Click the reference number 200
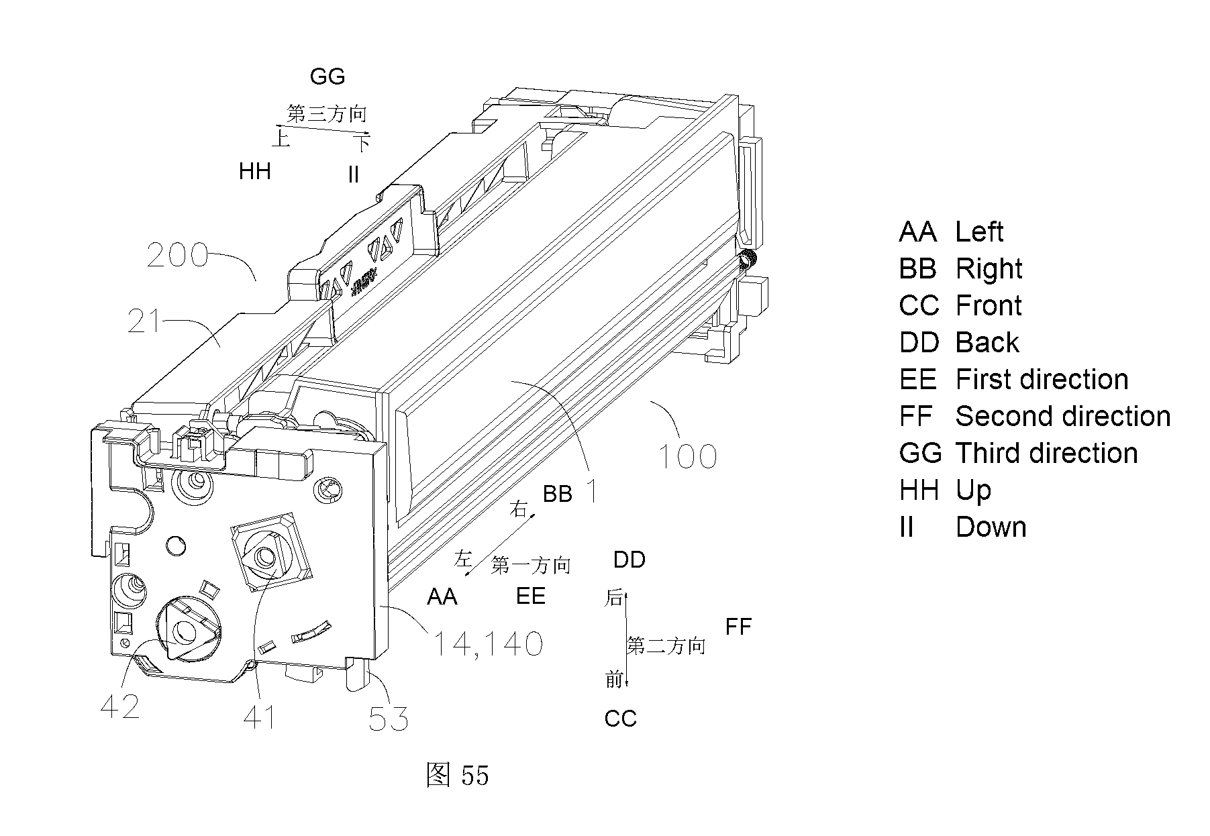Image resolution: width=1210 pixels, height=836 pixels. coord(177,255)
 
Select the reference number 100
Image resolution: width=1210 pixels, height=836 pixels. coord(687,457)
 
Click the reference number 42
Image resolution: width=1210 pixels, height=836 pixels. coord(120,706)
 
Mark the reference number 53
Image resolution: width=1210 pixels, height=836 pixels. coord(389,719)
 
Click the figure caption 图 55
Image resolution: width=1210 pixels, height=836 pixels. coord(457,775)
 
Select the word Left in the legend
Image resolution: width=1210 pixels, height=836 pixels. coord(979,232)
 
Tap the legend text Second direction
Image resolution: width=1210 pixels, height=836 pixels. coord(1063,417)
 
